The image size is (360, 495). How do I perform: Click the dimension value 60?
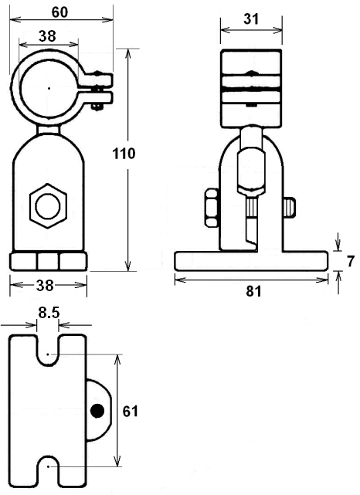tap(59, 12)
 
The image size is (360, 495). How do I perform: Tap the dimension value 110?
tap(124, 154)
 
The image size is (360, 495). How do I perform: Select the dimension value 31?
tap(251, 19)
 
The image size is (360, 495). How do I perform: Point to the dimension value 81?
tap(254, 291)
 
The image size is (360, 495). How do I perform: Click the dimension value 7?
tap(350, 261)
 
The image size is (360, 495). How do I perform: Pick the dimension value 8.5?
tap(49, 313)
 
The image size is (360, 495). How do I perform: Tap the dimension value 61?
tap(131, 412)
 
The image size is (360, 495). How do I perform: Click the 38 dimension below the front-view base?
tap(45, 286)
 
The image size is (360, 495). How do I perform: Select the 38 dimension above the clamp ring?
tap(47, 36)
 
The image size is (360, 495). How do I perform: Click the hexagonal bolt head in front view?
tap(48, 206)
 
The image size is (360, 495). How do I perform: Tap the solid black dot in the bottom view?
tap(97, 411)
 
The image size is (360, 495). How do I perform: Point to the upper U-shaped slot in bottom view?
tap(48, 351)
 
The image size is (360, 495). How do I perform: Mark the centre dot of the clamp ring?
tap(49, 88)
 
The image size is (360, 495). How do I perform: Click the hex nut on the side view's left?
tap(212, 208)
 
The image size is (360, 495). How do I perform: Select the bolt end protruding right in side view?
tap(290, 207)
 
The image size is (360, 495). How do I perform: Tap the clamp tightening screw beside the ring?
tap(97, 90)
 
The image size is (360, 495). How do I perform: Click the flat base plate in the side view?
tap(251, 261)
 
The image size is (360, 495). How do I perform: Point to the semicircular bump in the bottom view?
tap(99, 410)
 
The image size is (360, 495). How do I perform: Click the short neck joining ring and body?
tap(49, 129)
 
